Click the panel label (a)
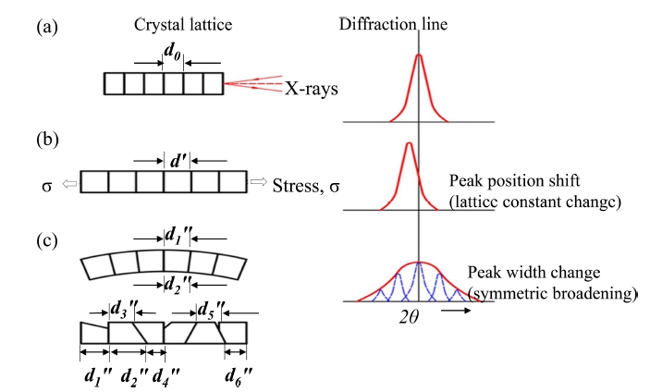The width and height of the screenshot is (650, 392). tap(47, 28)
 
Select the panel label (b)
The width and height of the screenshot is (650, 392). tap(47, 140)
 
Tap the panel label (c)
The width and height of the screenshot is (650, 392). tap(47, 240)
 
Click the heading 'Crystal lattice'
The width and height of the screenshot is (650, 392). tap(183, 25)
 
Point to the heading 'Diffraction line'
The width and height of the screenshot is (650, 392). tap(393, 24)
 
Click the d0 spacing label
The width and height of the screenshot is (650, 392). tap(173, 52)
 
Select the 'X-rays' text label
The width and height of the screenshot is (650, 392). tap(311, 89)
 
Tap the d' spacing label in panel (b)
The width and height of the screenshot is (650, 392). tap(178, 160)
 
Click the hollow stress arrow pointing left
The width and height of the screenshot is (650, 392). tap(69, 184)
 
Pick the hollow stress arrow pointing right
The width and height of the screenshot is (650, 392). tap(259, 181)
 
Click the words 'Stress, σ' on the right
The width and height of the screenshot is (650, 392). tap(306, 186)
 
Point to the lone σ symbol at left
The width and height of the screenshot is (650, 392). tap(47, 187)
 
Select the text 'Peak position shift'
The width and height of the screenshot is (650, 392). tap(514, 181)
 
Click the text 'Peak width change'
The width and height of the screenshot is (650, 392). tap(533, 272)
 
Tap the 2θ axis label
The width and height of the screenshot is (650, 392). tap(409, 317)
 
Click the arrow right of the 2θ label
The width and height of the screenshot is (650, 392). tap(456, 310)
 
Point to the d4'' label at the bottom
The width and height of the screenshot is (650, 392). tap(166, 376)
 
